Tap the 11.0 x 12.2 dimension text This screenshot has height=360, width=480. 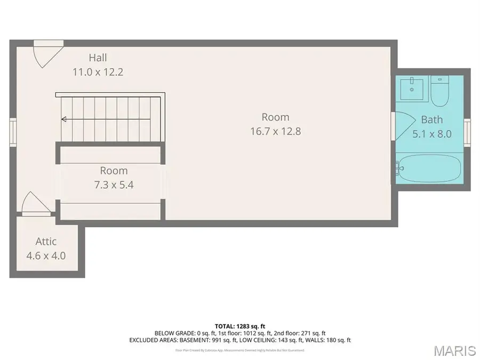pos(98,71)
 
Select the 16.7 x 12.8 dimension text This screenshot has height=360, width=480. pos(275,131)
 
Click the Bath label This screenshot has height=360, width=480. pos(431,119)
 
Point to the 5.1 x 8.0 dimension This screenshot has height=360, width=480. pos(432,134)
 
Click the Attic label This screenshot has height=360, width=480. pos(46,242)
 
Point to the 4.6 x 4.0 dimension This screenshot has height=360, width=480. pos(46,255)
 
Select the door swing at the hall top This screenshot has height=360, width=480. pos(45,54)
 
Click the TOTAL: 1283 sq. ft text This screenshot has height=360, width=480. pos(239,325)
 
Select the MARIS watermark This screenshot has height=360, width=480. pos(454,350)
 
